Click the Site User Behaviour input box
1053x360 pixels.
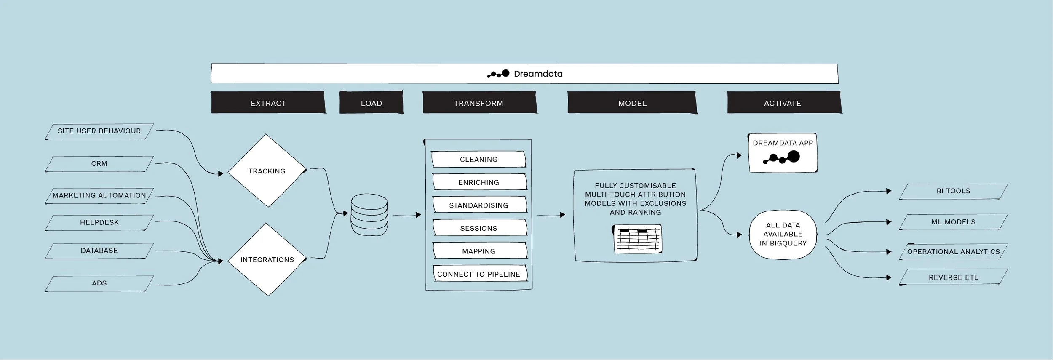[x=99, y=131]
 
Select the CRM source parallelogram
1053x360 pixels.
[x=99, y=164]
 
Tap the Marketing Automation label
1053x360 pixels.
[x=99, y=195]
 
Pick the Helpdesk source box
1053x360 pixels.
[x=99, y=222]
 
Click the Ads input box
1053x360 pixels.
[x=99, y=283]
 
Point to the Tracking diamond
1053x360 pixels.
[x=267, y=171]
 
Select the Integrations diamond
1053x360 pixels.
[x=267, y=260]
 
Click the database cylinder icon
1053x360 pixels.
[x=369, y=215]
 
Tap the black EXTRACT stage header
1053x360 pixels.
[x=268, y=103]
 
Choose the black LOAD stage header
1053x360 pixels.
[x=371, y=103]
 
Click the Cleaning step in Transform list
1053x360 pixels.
[x=478, y=160]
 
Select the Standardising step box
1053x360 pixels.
[x=478, y=205]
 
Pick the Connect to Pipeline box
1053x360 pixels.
[x=478, y=274]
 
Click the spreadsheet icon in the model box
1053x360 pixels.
[x=637, y=239]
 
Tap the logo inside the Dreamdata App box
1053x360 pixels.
[x=782, y=158]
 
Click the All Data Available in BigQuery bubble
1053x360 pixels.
[x=783, y=235]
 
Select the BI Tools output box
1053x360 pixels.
[x=953, y=191]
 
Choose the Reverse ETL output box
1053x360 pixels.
[x=953, y=277]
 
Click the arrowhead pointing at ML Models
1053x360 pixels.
[x=889, y=222]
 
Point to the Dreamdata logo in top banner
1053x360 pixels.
[x=498, y=74]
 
